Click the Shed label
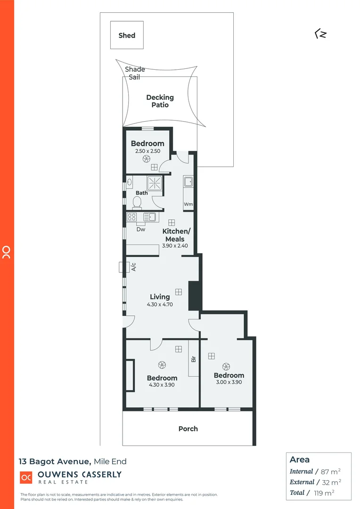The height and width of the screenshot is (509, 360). click(x=127, y=35)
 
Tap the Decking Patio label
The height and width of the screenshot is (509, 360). click(x=160, y=101)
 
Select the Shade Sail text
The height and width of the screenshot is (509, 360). click(x=135, y=73)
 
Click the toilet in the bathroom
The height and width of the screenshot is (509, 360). click(x=137, y=202)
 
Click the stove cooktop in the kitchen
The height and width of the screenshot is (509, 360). click(x=132, y=217)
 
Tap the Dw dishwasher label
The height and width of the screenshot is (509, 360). click(x=140, y=230)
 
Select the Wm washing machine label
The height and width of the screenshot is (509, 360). click(x=188, y=205)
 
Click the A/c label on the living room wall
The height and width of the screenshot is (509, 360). click(x=133, y=267)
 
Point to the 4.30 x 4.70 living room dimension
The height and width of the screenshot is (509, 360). click(x=160, y=304)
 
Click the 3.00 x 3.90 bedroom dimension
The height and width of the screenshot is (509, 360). click(x=229, y=382)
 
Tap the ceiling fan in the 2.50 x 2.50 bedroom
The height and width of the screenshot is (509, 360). click(x=146, y=159)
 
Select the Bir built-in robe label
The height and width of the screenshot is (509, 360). click(x=193, y=359)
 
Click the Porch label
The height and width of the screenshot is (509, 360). click(x=188, y=429)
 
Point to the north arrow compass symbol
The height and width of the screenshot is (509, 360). click(x=320, y=34)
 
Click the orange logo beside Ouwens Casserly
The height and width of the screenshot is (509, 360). click(x=26, y=477)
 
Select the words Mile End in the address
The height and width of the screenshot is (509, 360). click(x=110, y=461)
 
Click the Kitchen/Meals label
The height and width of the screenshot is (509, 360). click(x=176, y=235)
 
